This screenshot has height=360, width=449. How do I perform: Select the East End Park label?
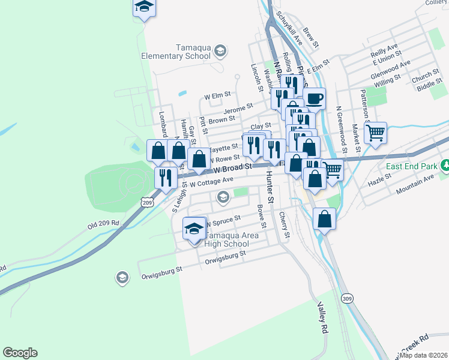pyautogui.click(x=411, y=166)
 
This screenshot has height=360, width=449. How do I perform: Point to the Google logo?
pyautogui.click(x=20, y=353)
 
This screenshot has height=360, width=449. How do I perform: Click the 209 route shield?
pyautogui.click(x=148, y=203)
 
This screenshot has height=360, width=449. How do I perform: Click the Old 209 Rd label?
pyautogui.click(x=103, y=225)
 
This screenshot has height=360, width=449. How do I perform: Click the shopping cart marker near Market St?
pyautogui.click(x=376, y=133)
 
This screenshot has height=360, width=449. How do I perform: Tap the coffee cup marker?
pyautogui.click(x=315, y=98)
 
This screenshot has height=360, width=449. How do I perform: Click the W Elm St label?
pyautogui.click(x=217, y=96)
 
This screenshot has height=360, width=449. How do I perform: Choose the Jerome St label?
pyautogui.click(x=238, y=109)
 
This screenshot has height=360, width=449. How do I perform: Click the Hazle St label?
pyautogui.click(x=379, y=178)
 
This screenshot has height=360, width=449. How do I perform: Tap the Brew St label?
pyautogui.click(x=311, y=37)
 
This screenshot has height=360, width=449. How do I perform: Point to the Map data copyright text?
pyautogui.click(x=423, y=355)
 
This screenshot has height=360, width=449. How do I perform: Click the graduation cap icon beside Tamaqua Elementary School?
pyautogui.click(x=220, y=50)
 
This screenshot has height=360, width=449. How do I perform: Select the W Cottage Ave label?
pyautogui.click(x=211, y=181)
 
